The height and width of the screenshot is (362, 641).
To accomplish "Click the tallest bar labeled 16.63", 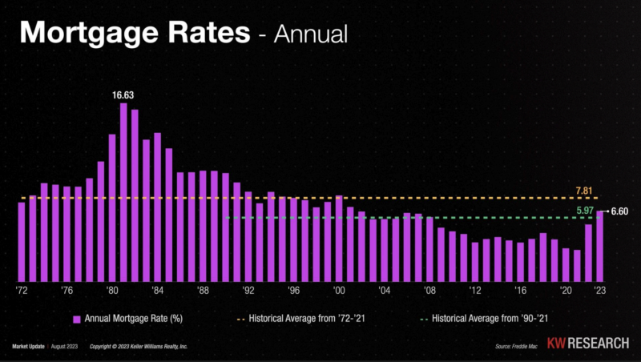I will (x=123, y=192).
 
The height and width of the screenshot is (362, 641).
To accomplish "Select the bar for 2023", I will (x=600, y=245).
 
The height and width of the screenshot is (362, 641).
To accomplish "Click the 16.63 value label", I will (x=123, y=95).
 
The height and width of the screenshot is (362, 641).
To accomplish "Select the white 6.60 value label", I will (x=620, y=211).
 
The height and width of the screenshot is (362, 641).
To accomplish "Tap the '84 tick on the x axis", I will (x=158, y=291).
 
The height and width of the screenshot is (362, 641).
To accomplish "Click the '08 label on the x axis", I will (x=429, y=291).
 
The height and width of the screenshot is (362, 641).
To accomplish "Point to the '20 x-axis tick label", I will (x=566, y=291).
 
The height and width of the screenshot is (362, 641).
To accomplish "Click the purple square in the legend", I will (x=78, y=318).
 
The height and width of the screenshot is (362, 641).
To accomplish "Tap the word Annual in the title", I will (x=312, y=34).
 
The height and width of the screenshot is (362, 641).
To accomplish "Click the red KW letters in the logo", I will (x=556, y=344).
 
